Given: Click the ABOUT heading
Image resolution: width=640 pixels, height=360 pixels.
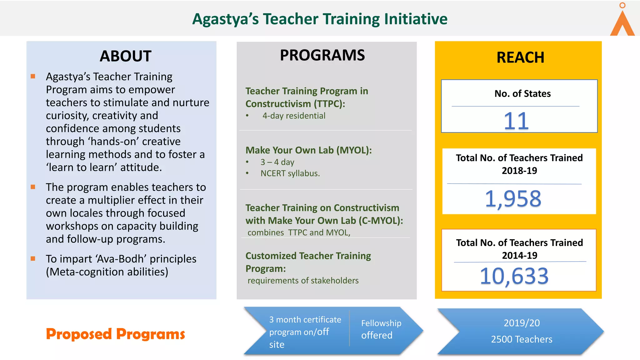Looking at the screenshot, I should (x=125, y=56).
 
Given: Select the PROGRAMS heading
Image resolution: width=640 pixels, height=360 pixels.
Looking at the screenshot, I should (x=322, y=55).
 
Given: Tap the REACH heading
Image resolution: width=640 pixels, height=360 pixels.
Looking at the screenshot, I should (x=520, y=57).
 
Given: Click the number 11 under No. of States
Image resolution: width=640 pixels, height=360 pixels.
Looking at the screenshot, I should (x=516, y=121).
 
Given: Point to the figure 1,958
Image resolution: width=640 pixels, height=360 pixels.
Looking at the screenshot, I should (x=513, y=199).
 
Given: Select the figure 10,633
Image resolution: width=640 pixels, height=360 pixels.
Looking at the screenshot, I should (x=514, y=276).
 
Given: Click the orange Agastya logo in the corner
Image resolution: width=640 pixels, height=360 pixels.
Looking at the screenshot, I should (x=622, y=22).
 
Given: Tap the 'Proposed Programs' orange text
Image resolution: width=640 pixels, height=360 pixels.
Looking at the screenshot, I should (x=115, y=334).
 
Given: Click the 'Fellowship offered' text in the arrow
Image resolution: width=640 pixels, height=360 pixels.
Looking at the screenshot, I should (x=381, y=329).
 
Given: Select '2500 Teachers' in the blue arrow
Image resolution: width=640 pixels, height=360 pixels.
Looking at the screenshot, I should (x=522, y=339).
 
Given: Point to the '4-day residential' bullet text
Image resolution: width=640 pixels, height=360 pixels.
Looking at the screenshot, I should (x=294, y=116).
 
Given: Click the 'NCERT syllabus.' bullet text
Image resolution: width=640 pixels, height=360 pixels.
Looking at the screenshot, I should (x=290, y=173).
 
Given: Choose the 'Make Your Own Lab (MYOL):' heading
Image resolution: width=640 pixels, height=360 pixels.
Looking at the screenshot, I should (x=308, y=150).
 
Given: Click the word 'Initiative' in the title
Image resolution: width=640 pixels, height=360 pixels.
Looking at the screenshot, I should (x=416, y=19).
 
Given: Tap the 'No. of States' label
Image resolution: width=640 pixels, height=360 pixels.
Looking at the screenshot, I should (x=522, y=93).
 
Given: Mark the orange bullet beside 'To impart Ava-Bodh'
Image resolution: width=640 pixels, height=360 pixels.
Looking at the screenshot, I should (x=33, y=258).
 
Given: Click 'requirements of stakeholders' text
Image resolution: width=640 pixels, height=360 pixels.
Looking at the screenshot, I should (x=303, y=281).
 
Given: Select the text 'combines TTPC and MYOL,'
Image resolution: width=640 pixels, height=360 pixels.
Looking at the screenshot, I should (x=299, y=233).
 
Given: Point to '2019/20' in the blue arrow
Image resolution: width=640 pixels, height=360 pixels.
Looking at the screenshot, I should (x=522, y=323).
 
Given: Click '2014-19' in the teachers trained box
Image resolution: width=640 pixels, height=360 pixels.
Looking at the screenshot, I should (x=519, y=255).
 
